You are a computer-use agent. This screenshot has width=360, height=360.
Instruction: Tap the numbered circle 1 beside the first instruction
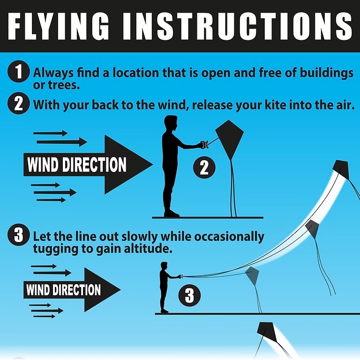coord(18,71)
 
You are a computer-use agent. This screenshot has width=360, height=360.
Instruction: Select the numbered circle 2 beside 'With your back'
coord(18,103)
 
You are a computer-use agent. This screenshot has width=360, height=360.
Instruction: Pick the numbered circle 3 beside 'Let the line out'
coord(18,235)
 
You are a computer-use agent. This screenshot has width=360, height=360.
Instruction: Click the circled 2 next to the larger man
coord(204,167)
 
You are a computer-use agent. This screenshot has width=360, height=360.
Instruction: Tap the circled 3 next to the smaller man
coord(189,295)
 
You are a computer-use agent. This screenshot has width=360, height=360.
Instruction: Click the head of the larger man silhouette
coord(171,123)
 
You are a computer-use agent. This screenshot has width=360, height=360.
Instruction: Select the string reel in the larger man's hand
coord(204,144)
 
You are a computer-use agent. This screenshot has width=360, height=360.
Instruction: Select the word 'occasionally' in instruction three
coord(229,237)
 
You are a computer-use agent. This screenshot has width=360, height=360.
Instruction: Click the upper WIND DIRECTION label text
coord(77,165)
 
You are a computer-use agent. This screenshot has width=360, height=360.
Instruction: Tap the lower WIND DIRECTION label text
coord(64,290)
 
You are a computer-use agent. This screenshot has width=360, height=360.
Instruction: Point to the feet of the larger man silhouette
coord(171,214)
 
